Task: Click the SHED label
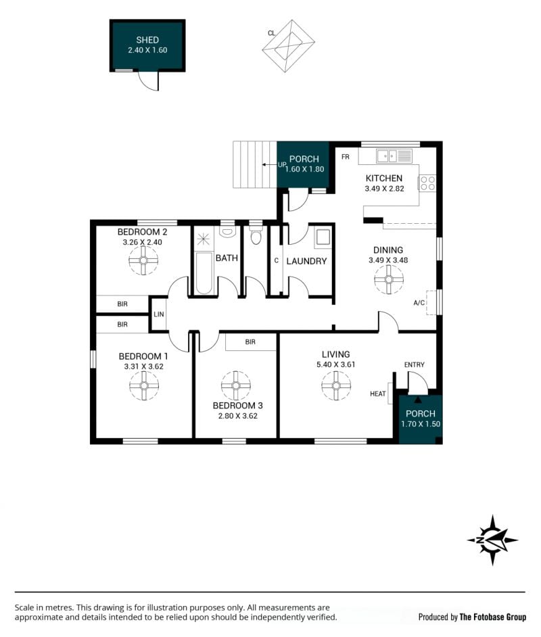147,40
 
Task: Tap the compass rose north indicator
492,540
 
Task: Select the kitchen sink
386,156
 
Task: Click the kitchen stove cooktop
427,183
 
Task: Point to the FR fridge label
346,157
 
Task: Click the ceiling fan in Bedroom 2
143,260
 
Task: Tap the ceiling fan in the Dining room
389,279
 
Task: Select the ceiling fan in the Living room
336,385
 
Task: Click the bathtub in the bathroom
204,273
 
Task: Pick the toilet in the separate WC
256,235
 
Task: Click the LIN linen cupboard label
159,314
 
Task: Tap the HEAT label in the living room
378,394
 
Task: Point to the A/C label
419,303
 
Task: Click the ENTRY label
415,364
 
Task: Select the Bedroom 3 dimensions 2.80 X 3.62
237,416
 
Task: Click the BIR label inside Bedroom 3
250,342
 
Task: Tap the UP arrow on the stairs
270,164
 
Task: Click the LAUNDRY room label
306,261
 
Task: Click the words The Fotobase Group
493,617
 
